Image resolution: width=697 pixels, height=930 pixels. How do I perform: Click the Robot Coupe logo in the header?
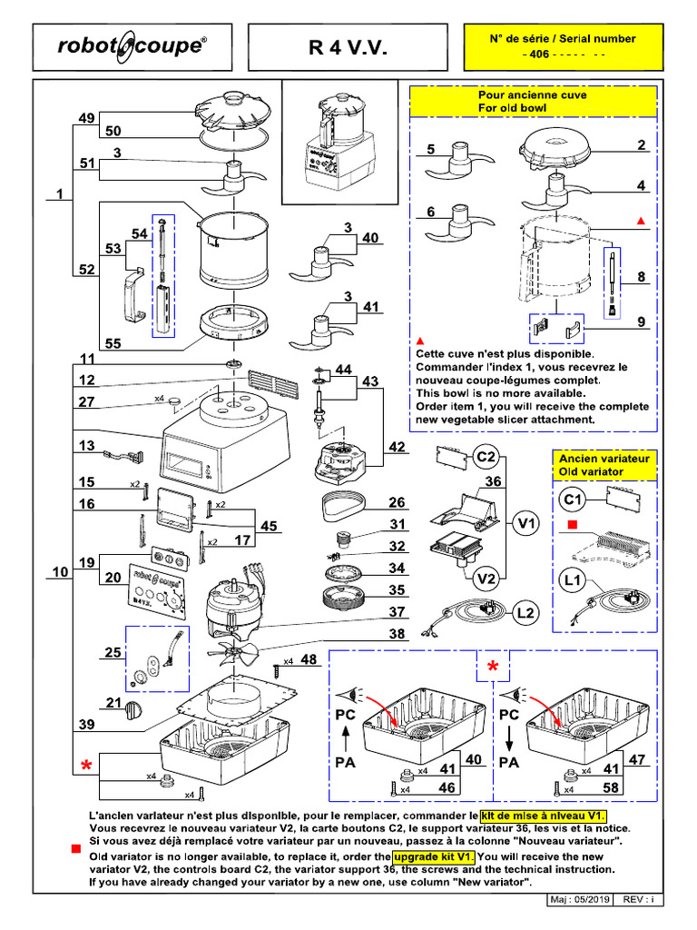(x=131, y=46)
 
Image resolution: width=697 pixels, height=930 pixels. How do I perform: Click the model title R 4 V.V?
(x=348, y=47)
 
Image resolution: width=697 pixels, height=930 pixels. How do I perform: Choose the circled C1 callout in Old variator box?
(x=573, y=498)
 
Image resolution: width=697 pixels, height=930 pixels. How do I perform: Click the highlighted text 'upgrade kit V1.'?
(x=433, y=856)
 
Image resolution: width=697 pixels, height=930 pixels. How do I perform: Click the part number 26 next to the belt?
(x=397, y=502)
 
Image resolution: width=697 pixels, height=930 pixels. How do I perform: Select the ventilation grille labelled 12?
(x=271, y=384)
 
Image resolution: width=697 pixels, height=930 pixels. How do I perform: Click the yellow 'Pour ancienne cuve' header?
(x=532, y=101)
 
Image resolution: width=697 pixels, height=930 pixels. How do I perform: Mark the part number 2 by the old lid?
(x=641, y=145)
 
